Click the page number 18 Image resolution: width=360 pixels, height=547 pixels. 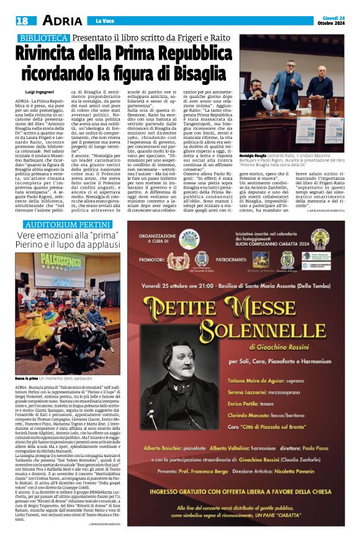click(20, 20)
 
